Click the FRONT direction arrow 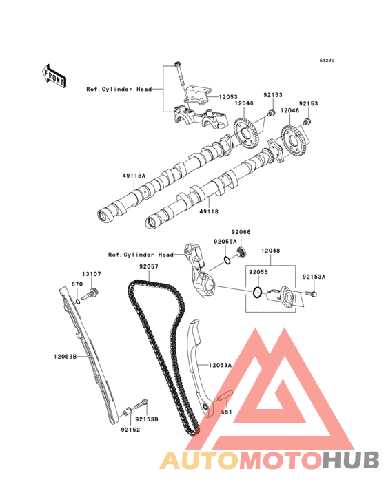click(x=54, y=76)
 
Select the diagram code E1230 click(x=327, y=60)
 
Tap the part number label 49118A click(x=134, y=176)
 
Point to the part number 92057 click(x=149, y=266)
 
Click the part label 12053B click(x=65, y=357)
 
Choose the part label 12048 click(x=270, y=251)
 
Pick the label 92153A click(x=314, y=277)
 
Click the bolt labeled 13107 click(x=90, y=295)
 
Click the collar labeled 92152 click(x=128, y=412)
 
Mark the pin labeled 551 click(x=225, y=395)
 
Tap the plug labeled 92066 click(x=241, y=252)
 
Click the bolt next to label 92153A click(x=311, y=293)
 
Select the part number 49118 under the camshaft click(x=209, y=211)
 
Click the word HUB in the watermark click(x=351, y=460)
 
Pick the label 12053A click(x=221, y=365)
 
